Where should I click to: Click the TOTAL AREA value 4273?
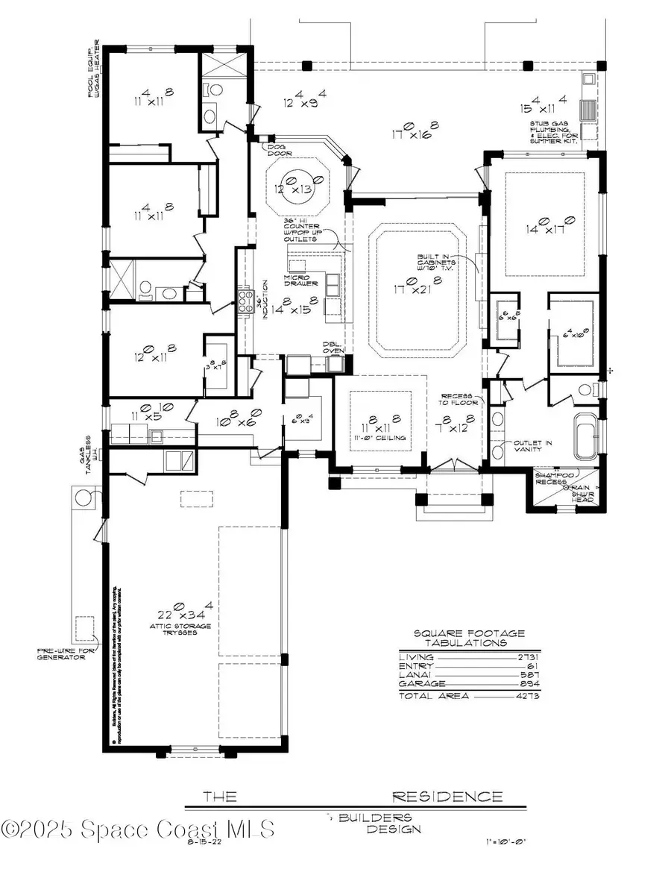click(527, 695)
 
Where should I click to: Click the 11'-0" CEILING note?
click(380, 438)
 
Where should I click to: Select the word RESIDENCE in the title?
click(447, 797)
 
